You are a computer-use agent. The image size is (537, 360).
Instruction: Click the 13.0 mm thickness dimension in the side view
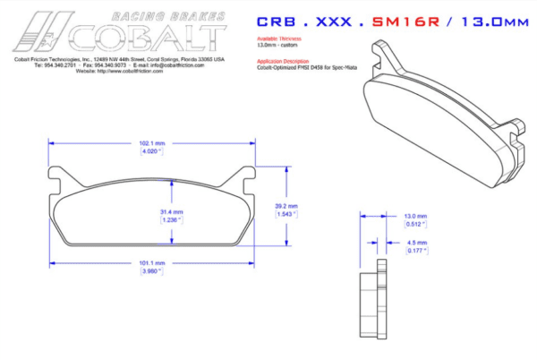(416, 217)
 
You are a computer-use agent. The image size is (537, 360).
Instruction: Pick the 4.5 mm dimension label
(416, 242)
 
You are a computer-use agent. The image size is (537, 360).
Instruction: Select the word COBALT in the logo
(152, 35)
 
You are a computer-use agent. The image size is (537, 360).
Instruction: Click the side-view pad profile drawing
(372, 304)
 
